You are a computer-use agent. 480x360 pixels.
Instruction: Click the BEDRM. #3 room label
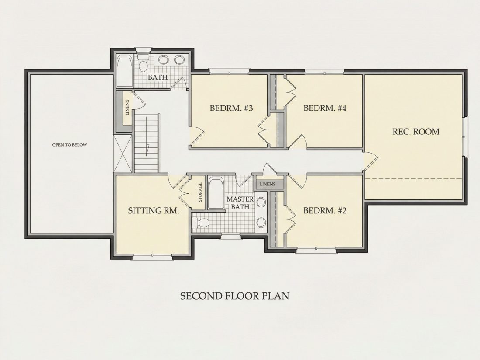pos(231,108)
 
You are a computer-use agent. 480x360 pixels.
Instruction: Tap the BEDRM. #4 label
pos(325,108)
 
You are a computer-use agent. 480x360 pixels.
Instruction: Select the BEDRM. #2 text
pos(325,211)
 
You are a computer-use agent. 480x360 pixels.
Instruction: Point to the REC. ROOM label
pos(416,132)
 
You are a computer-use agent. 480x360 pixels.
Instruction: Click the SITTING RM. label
pos(153,211)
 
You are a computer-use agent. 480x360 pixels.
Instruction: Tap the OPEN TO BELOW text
pos(69,145)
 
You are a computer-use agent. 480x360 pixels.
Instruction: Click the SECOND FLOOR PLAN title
pos(234,296)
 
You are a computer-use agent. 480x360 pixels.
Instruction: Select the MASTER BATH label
pos(240,203)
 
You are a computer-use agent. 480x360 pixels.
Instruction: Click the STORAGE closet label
pos(200,192)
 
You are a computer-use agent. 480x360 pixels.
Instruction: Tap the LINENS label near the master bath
pos(267,184)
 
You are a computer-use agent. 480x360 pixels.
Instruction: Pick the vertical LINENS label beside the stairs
pos(127,107)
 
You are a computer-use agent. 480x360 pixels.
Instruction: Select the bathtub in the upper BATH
pos(125,71)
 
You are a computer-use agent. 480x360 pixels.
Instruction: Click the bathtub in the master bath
pos(216,193)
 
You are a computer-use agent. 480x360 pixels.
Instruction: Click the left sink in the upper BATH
pos(164,59)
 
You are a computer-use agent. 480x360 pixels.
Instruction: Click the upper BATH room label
pos(158,77)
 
